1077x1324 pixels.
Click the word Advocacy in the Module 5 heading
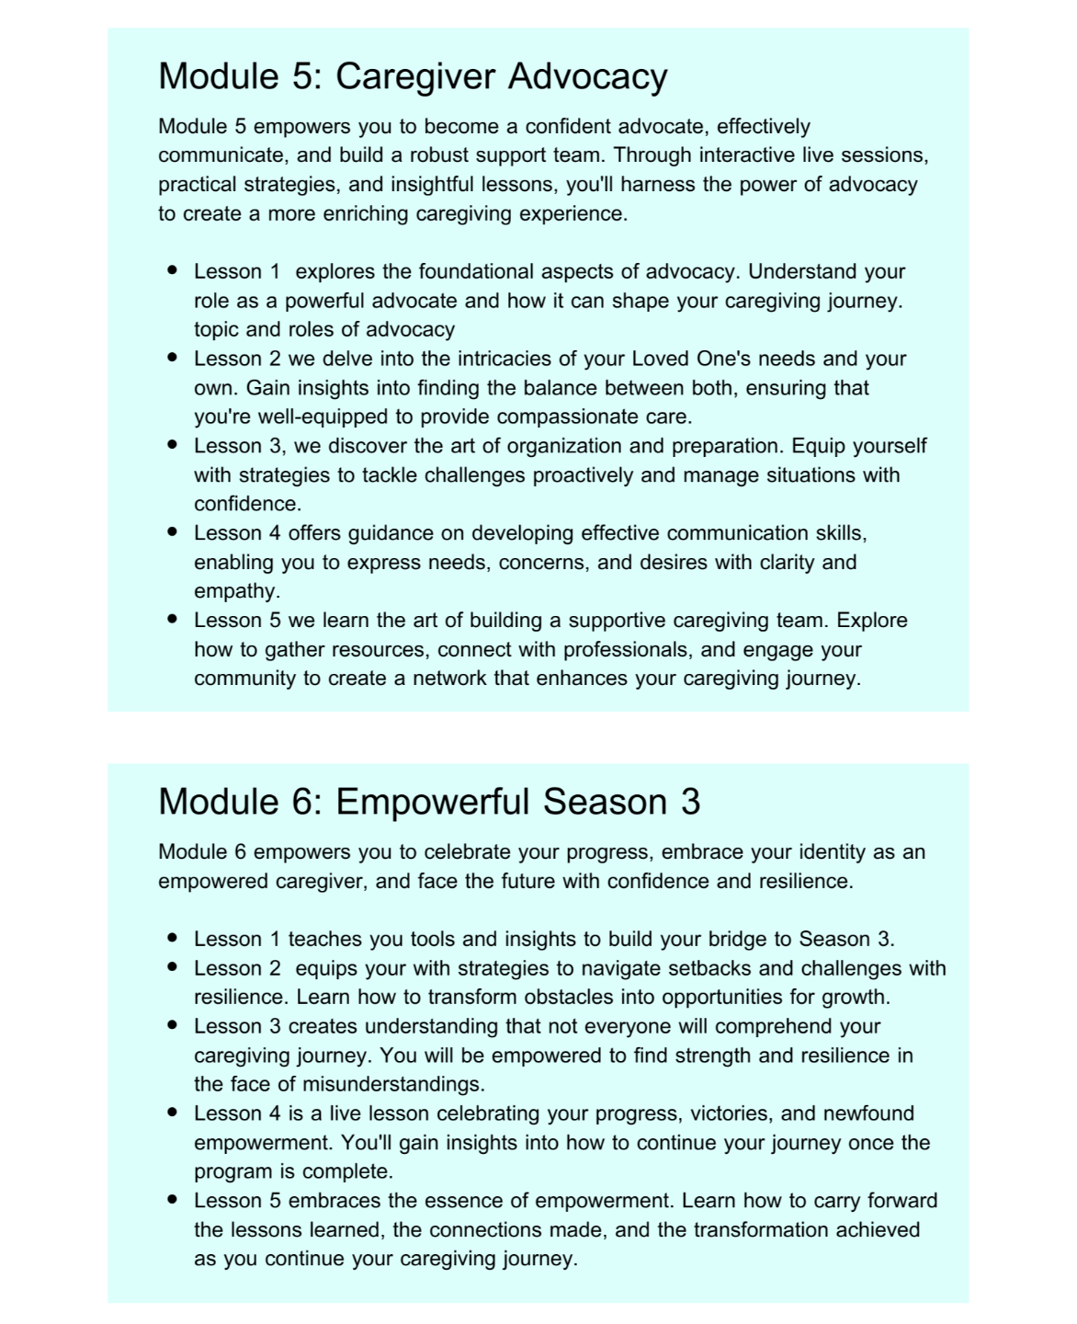click(x=587, y=76)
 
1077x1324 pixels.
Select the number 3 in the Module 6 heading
click(x=690, y=802)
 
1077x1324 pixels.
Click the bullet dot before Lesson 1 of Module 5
click(x=172, y=271)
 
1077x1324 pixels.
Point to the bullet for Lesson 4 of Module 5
click(x=172, y=532)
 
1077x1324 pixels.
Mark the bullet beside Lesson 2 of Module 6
click(x=172, y=967)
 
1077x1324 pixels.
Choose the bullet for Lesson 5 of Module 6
click(x=172, y=1200)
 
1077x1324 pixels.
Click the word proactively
click(x=596, y=474)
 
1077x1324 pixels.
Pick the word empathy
click(x=236, y=590)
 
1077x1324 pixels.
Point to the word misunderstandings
click(x=393, y=1084)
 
